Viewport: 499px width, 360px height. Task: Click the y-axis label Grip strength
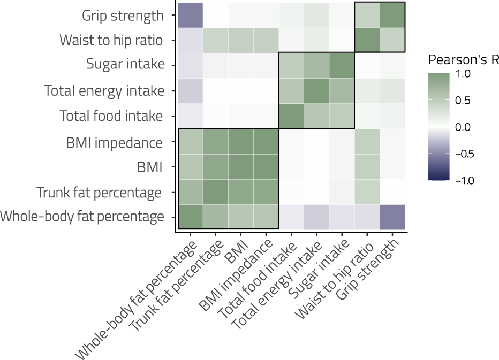pyautogui.click(x=123, y=16)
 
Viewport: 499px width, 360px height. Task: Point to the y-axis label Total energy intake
pyautogui.click(x=104, y=91)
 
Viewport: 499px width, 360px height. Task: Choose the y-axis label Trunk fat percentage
pyautogui.click(x=99, y=192)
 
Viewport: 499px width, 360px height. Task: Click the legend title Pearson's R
pyautogui.click(x=464, y=59)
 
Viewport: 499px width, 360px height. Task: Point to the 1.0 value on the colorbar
pyautogui.click(x=464, y=74)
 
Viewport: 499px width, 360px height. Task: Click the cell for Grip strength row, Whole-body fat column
pyautogui.click(x=191, y=15)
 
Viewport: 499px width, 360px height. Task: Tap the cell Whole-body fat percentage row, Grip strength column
pyautogui.click(x=392, y=217)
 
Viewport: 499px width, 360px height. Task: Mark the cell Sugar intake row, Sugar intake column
pyautogui.click(x=342, y=65)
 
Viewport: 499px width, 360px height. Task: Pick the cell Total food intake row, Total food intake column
pyautogui.click(x=291, y=116)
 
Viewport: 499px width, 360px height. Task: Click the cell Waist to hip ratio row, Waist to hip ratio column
pyautogui.click(x=367, y=40)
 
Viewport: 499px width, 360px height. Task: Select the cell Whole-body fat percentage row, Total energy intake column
pyautogui.click(x=316, y=217)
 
